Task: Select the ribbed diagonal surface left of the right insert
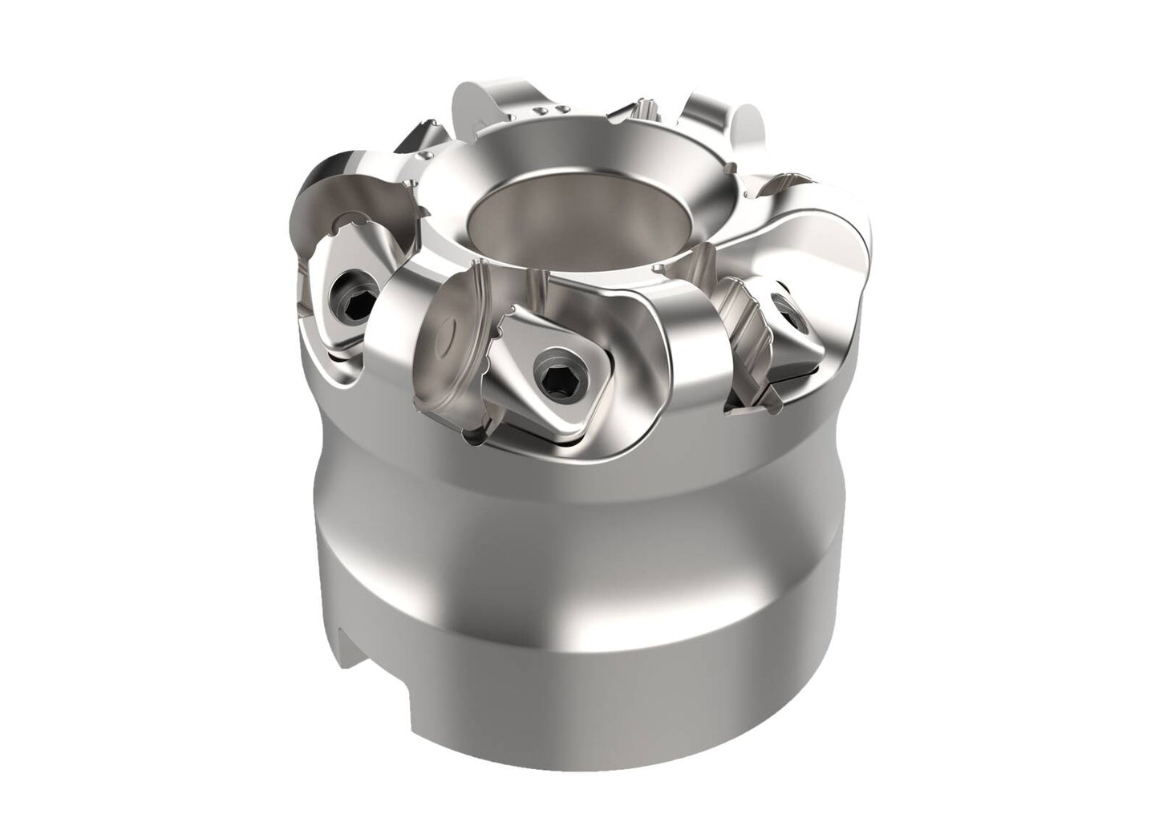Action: point(746,321)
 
